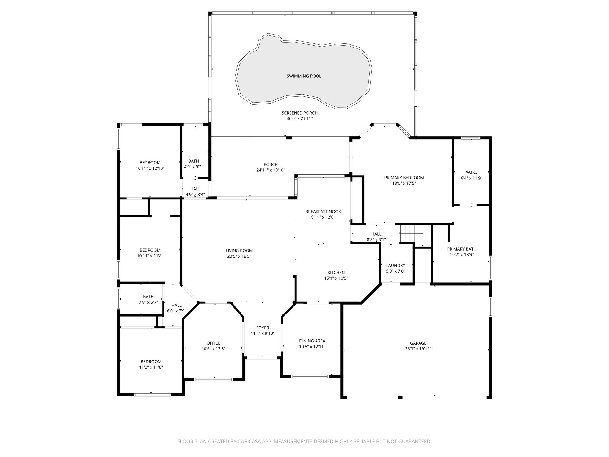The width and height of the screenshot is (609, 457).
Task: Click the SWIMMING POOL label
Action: tap(304, 76)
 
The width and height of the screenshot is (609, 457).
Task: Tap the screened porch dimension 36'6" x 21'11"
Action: tap(299, 118)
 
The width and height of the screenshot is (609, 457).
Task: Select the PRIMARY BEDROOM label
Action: tap(404, 178)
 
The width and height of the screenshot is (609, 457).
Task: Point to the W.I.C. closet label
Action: tap(471, 173)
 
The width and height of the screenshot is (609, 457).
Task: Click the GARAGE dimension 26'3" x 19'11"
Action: tap(418, 349)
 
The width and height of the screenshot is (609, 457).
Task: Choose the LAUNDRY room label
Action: tap(395, 265)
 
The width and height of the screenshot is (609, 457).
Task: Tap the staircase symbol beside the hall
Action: tap(410, 234)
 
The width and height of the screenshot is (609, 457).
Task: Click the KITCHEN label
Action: tap(336, 273)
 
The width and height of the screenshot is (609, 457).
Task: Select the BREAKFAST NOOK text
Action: tap(323, 212)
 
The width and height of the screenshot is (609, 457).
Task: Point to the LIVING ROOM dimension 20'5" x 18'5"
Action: tap(239, 256)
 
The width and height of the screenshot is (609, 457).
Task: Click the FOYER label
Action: tap(262, 328)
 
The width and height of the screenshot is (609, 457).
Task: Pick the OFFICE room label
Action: tap(213, 343)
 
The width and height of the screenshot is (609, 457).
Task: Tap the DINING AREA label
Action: tap(312, 341)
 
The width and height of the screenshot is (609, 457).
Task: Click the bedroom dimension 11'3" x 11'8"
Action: tap(151, 367)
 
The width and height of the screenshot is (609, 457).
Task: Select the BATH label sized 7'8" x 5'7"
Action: tap(148, 297)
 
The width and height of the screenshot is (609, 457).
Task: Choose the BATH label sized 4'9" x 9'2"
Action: tap(193, 161)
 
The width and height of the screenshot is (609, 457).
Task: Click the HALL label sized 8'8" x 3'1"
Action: tap(376, 234)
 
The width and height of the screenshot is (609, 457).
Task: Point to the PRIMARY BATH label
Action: tap(462, 249)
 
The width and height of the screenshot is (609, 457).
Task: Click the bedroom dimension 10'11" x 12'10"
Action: tap(150, 168)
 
